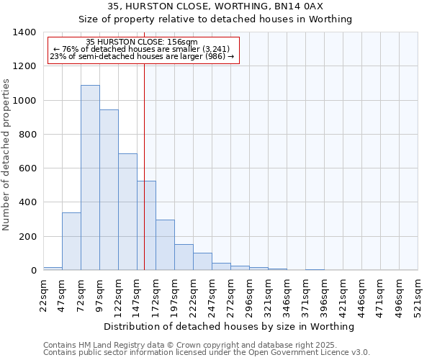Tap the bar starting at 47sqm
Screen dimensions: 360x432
click(x=71, y=241)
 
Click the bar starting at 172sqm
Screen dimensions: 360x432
click(x=165, y=245)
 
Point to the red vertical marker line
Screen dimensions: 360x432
click(x=145, y=144)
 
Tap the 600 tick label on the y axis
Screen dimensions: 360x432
click(x=27, y=168)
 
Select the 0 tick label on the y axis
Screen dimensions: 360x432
click(x=33, y=271)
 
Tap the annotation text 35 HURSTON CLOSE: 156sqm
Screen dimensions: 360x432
click(x=141, y=42)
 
